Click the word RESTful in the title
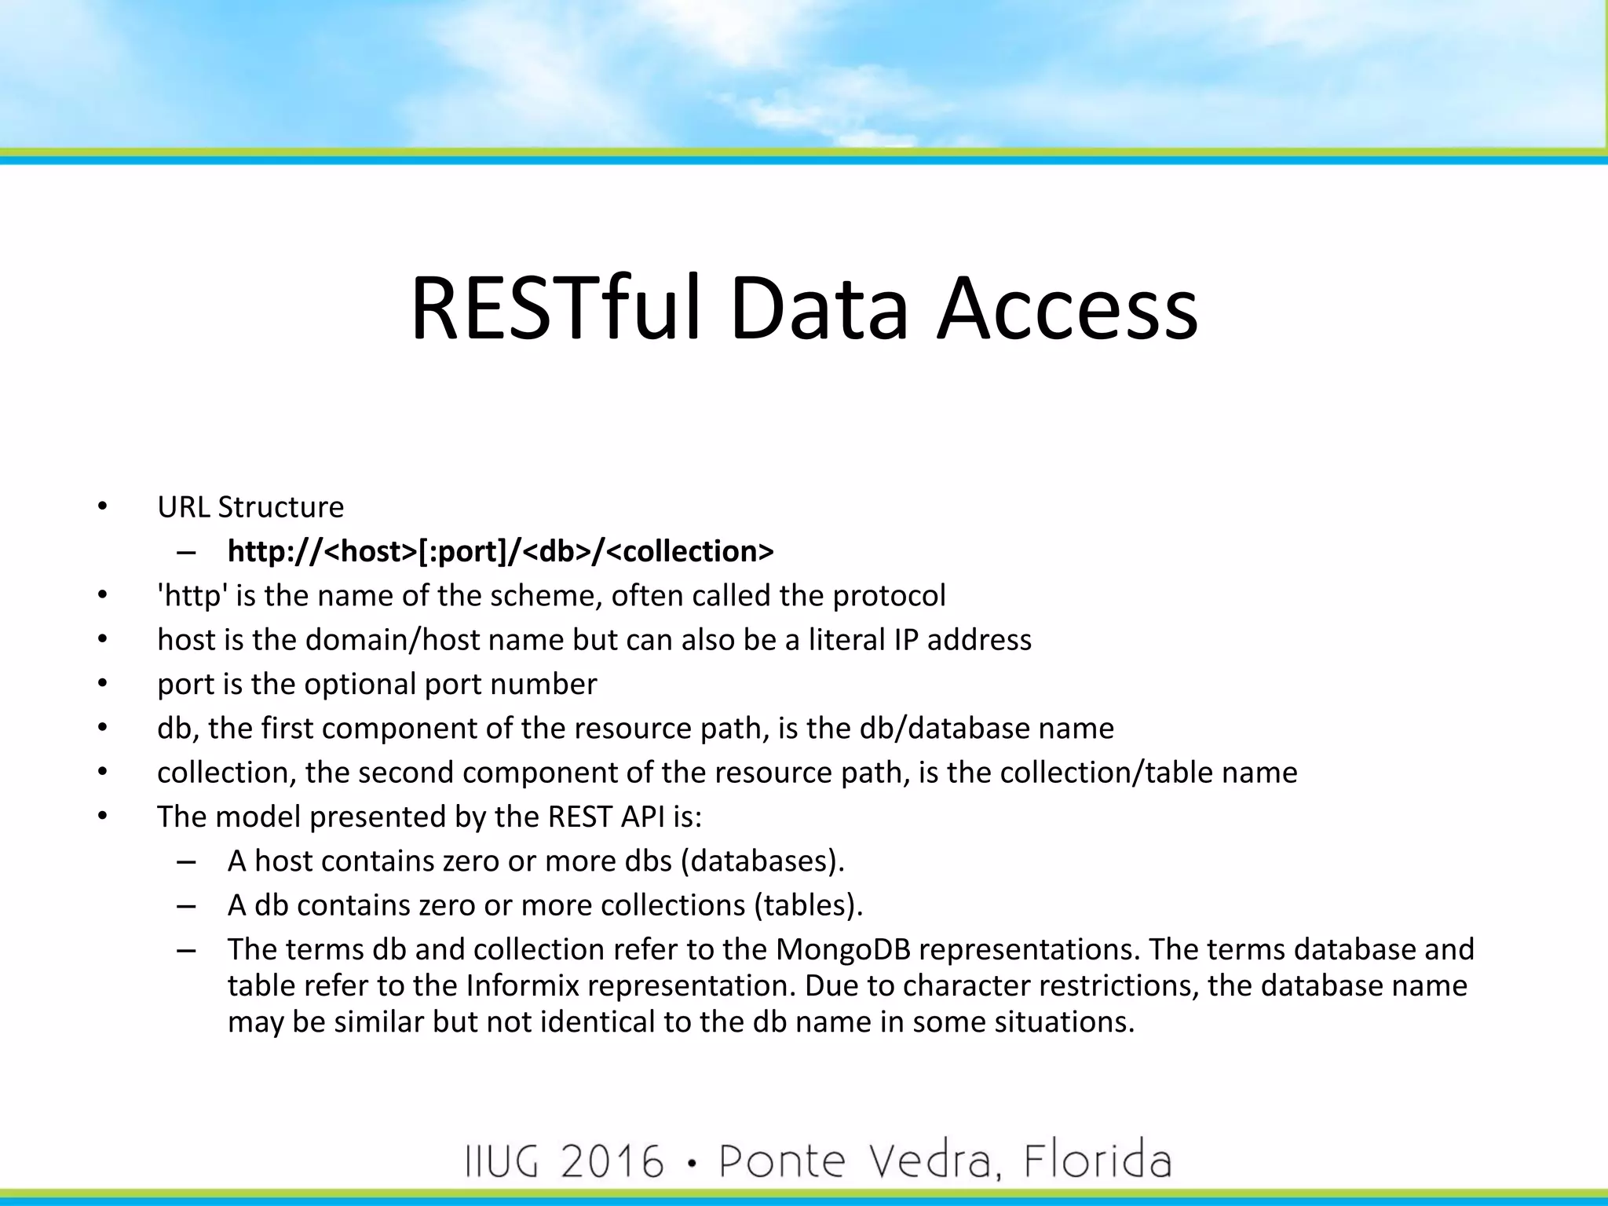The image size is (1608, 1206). click(555, 308)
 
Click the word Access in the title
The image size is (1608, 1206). click(1067, 308)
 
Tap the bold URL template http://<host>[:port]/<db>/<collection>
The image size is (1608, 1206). click(500, 551)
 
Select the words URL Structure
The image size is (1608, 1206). click(250, 507)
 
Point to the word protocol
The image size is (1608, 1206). click(889, 596)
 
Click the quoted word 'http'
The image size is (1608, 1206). click(192, 596)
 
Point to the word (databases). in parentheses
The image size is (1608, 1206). click(762, 861)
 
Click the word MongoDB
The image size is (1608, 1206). click(842, 949)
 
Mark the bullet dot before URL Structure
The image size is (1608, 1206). click(102, 507)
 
